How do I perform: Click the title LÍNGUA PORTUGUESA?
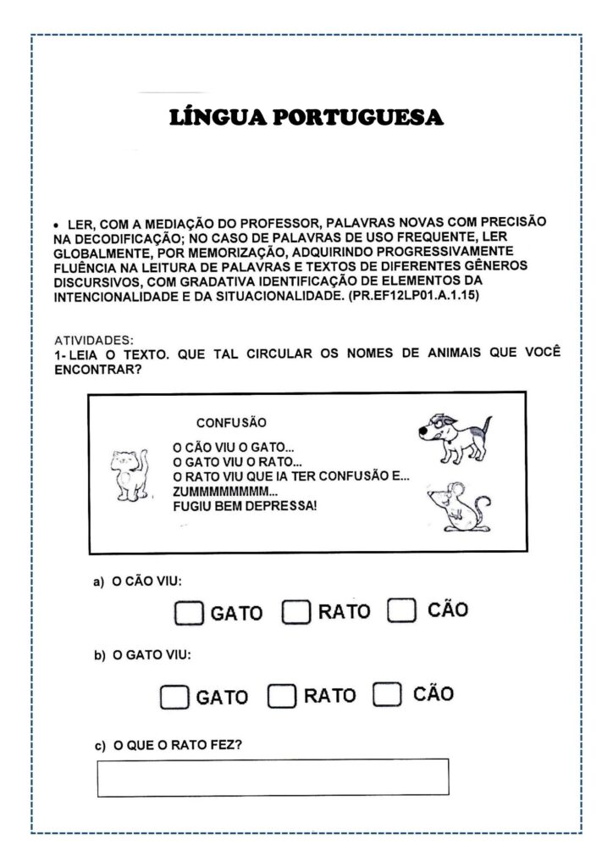[306, 117]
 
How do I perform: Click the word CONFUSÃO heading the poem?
[231, 422]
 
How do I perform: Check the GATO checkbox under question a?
[190, 613]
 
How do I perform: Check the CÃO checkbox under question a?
[401, 610]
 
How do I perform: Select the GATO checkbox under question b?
[174, 698]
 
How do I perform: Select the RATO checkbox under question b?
[282, 697]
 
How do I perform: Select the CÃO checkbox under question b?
[386, 695]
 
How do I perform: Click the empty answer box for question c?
[273, 776]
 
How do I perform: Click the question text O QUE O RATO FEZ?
[182, 745]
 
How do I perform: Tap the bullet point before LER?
[56, 225]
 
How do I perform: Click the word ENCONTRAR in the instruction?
[96, 370]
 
